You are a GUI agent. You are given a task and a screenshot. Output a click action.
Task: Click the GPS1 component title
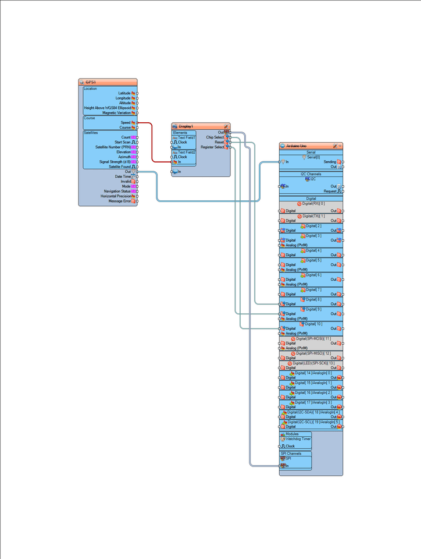click(x=91, y=82)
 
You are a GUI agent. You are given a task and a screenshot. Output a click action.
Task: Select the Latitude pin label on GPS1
click(x=124, y=93)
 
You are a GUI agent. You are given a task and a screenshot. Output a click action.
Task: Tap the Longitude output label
click(x=123, y=98)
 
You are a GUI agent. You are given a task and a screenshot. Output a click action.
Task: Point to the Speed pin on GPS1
click(x=125, y=123)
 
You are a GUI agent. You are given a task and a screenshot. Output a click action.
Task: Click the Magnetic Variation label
click(x=116, y=113)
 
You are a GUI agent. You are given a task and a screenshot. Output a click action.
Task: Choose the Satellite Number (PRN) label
click(x=113, y=147)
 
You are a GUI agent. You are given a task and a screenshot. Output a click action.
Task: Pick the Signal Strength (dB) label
click(x=115, y=162)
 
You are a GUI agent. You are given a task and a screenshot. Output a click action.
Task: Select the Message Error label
click(x=119, y=201)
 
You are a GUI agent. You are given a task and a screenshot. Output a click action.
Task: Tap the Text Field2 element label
click(x=187, y=152)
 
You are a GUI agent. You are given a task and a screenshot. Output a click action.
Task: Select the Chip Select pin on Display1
click(x=215, y=137)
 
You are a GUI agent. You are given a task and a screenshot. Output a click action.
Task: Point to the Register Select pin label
click(x=212, y=147)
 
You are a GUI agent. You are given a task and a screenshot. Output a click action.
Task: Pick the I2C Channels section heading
click(x=311, y=174)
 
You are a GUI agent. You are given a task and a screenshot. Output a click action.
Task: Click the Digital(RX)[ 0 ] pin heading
click(x=313, y=204)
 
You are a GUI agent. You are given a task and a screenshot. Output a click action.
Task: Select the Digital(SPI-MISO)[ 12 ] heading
click(x=313, y=353)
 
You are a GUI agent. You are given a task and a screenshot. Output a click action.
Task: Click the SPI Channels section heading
click(x=291, y=453)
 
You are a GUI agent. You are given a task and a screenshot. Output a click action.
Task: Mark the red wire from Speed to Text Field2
click(x=152, y=143)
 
